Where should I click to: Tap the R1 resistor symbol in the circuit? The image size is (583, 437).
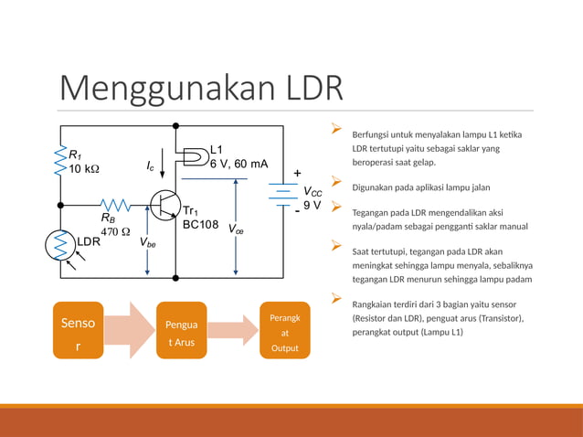click(61, 160)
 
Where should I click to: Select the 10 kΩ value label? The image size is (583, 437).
click(84, 170)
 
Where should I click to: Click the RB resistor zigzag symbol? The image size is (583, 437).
click(116, 205)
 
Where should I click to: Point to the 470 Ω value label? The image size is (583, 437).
click(115, 231)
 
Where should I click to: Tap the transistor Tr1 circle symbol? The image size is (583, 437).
click(165, 205)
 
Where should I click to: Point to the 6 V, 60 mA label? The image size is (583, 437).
click(238, 164)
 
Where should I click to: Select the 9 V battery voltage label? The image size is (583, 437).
click(312, 205)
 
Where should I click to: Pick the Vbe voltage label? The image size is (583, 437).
click(147, 244)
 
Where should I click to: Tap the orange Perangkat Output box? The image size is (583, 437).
click(284, 330)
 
